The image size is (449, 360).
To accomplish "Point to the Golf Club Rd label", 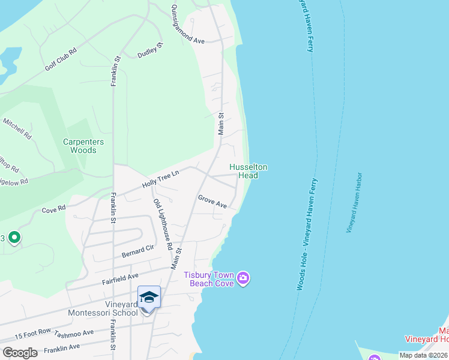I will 61,58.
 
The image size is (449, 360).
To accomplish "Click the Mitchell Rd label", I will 17,128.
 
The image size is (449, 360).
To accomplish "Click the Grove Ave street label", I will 212,200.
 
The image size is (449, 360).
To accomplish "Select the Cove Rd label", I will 53,211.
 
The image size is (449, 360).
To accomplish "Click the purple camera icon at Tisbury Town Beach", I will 243,278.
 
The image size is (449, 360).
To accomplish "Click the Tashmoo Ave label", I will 74,334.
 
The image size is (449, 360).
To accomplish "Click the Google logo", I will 20,352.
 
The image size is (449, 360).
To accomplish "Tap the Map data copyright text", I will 423,355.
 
